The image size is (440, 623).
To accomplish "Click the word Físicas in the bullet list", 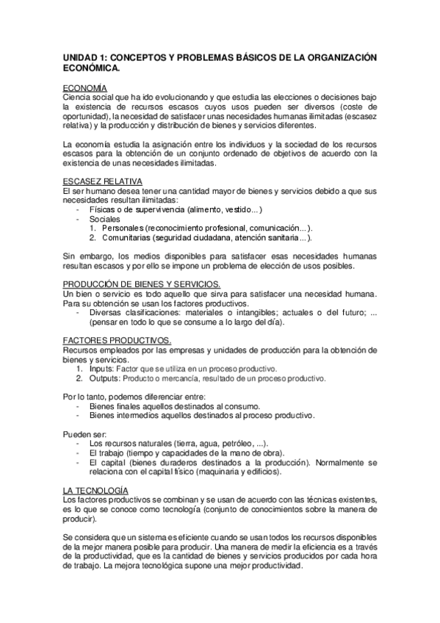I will (103, 209).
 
